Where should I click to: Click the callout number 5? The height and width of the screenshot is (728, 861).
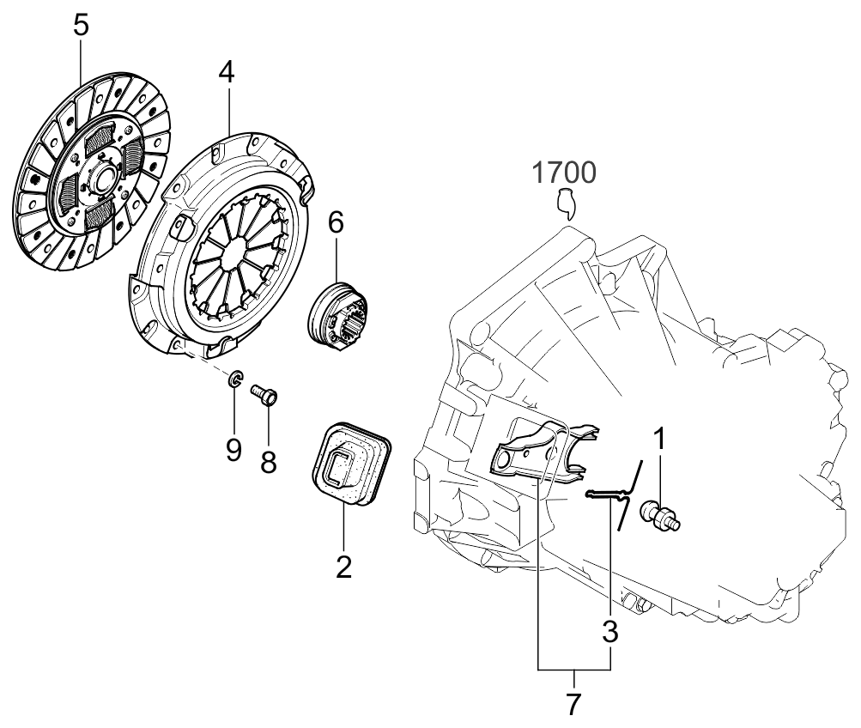80,24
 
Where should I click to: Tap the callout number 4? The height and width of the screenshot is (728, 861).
226,73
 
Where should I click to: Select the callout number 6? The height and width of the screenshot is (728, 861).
336,223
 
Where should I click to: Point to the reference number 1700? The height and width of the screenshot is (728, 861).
563,173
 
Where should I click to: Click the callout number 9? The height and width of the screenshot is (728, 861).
233,450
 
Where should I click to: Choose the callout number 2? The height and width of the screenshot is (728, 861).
343,567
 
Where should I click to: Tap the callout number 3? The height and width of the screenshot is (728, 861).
610,633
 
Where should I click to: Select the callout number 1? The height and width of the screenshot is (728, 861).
659,439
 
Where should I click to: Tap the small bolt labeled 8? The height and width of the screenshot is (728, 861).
263,395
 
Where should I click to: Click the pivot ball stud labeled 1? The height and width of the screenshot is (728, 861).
664,515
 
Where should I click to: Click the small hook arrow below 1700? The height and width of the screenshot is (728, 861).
564,203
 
